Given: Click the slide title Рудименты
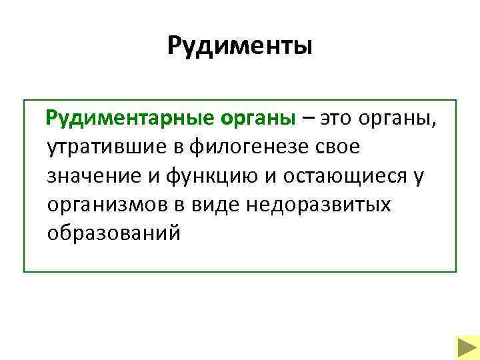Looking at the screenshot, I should coord(239,46).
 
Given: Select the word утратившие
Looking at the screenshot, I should coord(107,147).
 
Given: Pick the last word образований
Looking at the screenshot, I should coord(114,234).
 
